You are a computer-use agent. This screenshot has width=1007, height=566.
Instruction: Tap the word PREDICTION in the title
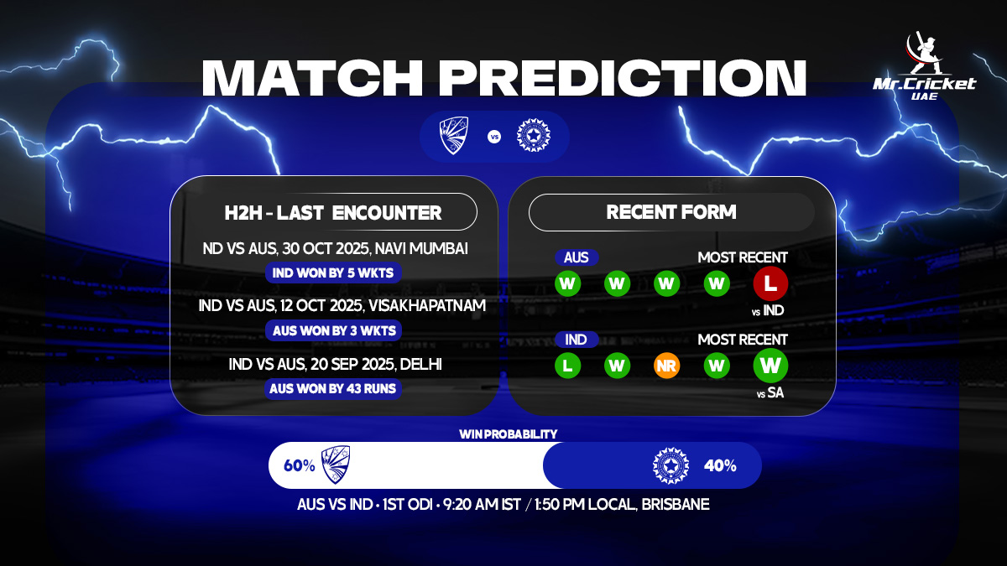pos(623,78)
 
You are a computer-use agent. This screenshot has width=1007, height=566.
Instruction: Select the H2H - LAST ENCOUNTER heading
pos(333,212)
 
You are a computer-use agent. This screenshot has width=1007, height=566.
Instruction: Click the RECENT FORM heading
pos(671,212)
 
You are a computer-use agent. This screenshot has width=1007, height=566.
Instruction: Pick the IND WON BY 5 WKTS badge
pos(334,273)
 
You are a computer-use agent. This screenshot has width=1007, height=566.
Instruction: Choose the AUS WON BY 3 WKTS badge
pos(334,330)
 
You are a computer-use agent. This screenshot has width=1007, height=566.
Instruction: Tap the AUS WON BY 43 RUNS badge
pos(334,388)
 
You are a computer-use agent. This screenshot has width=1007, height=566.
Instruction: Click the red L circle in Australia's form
pos(770,283)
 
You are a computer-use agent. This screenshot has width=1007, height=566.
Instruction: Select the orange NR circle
pos(667,366)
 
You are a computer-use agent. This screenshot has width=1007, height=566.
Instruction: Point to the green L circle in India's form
pos(568,366)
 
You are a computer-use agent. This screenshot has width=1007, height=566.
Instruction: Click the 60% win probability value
pos(300,465)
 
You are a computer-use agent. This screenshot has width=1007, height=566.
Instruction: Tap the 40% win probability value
pos(720,465)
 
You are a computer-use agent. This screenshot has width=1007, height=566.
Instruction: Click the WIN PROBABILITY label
pos(508,434)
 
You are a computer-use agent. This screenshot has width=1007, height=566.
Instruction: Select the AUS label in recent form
pos(576,257)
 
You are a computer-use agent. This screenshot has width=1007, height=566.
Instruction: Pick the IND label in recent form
pos(576,340)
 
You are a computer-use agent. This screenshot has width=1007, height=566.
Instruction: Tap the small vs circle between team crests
pos(493,136)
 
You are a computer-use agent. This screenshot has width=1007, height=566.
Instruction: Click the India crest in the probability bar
pos(670,465)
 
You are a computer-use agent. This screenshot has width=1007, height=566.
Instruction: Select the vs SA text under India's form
pos(770,392)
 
